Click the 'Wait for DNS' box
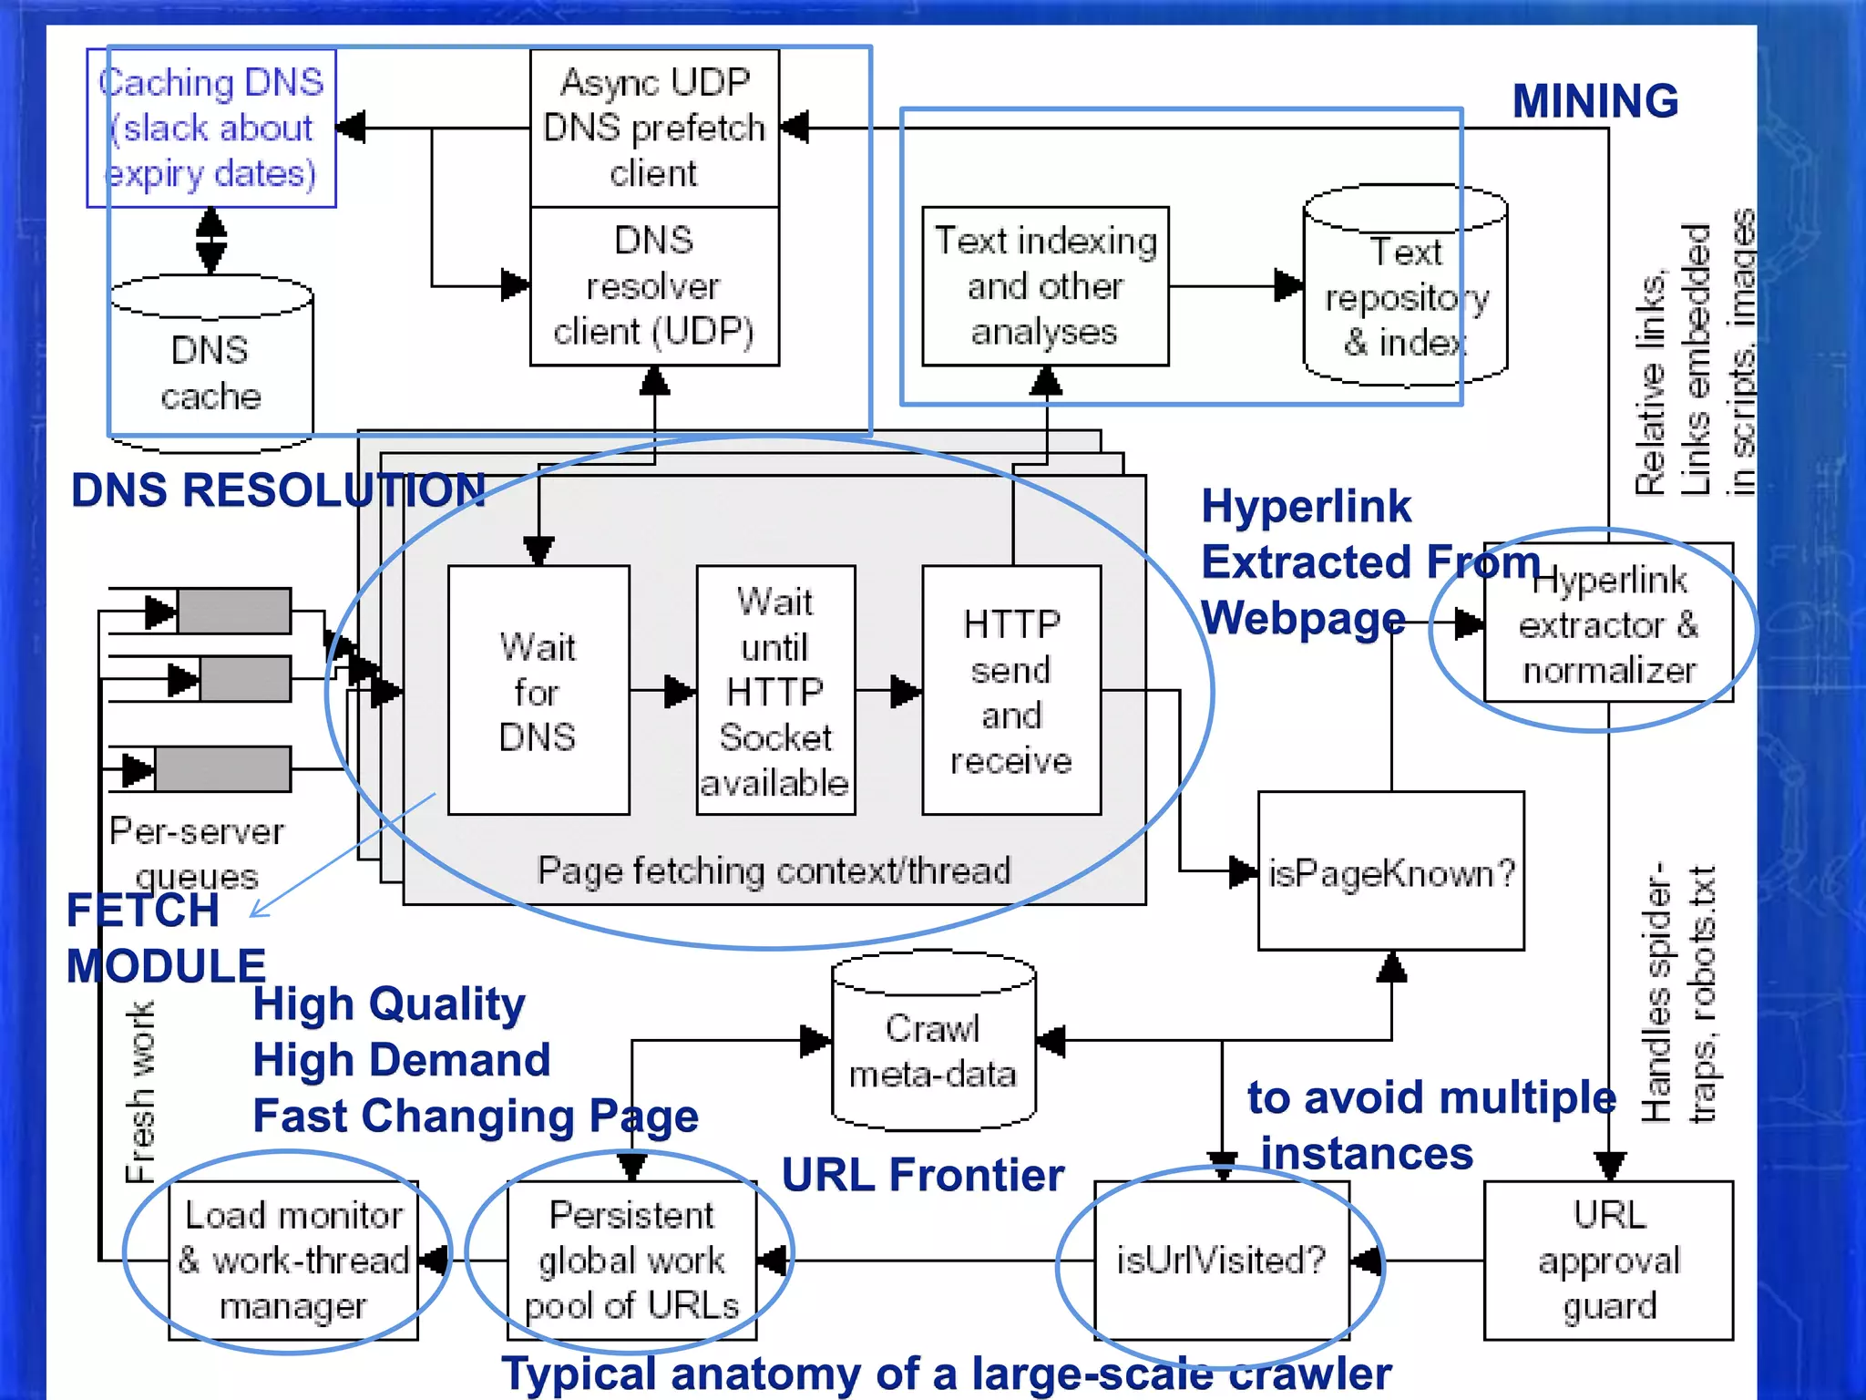[538, 690]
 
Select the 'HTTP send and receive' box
[1011, 690]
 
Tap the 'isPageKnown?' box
[1390, 871]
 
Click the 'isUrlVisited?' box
[1221, 1260]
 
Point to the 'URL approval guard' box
[1608, 1260]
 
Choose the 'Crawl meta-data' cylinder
[933, 1048]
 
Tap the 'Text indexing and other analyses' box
[1045, 286]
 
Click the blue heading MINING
[1594, 100]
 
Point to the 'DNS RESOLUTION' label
[278, 490]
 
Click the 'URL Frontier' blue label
[923, 1174]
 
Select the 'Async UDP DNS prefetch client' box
[654, 128]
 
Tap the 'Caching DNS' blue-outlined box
[210, 128]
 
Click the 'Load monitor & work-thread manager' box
[293, 1260]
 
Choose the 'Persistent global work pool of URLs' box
[631, 1260]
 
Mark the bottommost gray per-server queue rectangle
[222, 768]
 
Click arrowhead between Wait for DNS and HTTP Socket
[680, 691]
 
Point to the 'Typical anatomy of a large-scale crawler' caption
[946, 1373]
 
